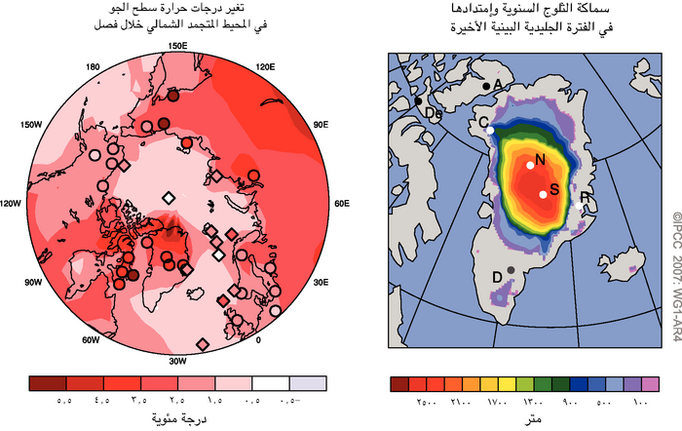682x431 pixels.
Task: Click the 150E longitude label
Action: point(177,46)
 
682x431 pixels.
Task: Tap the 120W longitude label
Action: point(13,204)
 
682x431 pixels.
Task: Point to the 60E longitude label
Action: point(341,204)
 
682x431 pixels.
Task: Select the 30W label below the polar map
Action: point(177,361)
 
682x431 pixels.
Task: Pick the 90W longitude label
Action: point(34,282)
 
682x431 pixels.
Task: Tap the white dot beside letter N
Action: point(530,165)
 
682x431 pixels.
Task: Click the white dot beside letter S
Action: point(543,194)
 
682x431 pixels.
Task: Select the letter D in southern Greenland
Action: point(497,278)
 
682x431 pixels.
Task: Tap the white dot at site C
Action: point(491,130)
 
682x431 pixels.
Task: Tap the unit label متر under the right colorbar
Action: point(533,419)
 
